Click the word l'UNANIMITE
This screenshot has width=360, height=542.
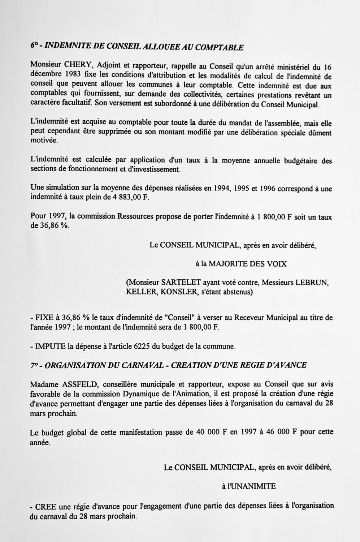click(249, 486)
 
